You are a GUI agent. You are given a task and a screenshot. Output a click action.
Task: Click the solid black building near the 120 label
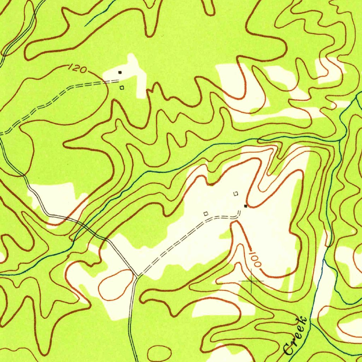[x=120, y=72]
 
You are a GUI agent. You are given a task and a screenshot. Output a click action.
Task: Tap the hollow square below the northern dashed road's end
[x=122, y=88]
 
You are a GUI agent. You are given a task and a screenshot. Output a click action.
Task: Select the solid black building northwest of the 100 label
[x=246, y=205]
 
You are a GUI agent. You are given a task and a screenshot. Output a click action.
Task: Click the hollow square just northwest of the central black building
[x=236, y=193]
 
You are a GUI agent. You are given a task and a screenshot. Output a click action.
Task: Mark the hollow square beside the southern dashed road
[x=206, y=214]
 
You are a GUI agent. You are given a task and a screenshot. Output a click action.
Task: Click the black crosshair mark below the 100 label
[x=251, y=281]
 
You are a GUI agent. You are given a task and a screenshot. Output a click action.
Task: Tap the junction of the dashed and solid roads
[x=136, y=276]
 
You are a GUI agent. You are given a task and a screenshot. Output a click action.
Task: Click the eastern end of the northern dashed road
[x=118, y=81]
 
